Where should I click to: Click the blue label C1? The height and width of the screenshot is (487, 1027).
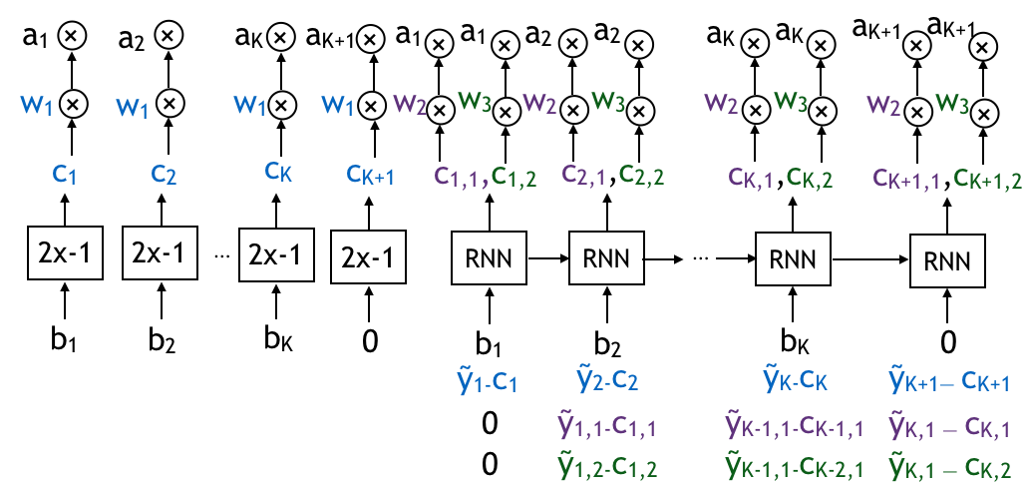[x=65, y=175]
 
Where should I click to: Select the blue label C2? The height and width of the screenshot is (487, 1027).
[x=164, y=174]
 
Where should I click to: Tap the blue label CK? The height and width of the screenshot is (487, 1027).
[x=278, y=171]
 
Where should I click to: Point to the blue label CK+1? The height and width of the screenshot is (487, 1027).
[x=370, y=176]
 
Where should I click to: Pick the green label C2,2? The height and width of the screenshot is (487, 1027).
[x=641, y=176]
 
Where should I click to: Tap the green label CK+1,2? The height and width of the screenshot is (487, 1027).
[x=987, y=179]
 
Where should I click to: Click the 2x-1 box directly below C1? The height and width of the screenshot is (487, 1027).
[x=65, y=253]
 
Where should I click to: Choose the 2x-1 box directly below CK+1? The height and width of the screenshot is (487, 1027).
[x=368, y=257]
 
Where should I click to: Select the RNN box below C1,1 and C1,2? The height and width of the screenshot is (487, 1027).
[x=489, y=259]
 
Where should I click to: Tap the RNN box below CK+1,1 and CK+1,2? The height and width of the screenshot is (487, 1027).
[x=947, y=262]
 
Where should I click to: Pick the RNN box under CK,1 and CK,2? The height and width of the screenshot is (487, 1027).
[x=793, y=259]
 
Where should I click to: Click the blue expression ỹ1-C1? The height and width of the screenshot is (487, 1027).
[x=487, y=382]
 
